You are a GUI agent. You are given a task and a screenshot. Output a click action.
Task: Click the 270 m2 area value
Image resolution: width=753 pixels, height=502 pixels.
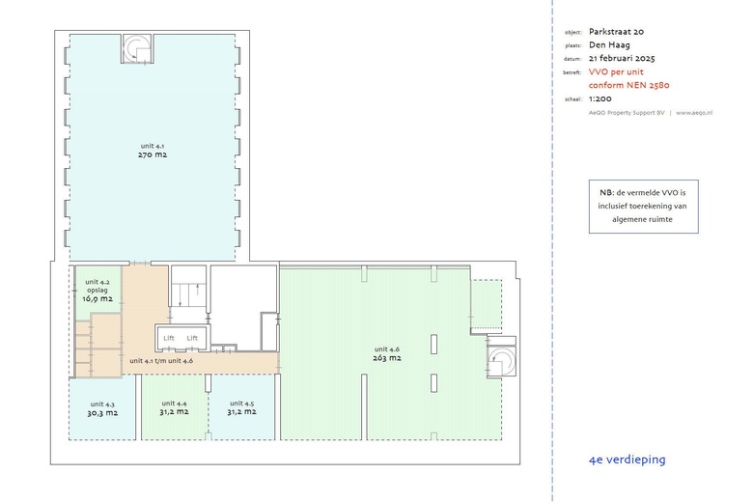[153, 154]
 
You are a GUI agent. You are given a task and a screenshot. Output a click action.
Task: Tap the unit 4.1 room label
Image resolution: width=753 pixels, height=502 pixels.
[153, 146]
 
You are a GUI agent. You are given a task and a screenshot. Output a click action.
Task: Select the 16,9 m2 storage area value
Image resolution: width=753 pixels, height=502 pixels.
[97, 299]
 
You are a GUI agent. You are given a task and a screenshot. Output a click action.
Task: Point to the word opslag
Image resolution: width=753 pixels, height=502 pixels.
[97, 291]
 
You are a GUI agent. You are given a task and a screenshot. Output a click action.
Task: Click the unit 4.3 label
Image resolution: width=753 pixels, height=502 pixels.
[102, 404]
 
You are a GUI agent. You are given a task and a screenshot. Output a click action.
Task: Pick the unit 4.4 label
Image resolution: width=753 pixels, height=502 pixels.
[174, 404]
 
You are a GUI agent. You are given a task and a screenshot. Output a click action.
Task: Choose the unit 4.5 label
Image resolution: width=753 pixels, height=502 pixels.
[241, 404]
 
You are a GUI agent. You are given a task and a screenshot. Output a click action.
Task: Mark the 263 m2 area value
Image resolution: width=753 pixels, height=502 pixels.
[386, 358]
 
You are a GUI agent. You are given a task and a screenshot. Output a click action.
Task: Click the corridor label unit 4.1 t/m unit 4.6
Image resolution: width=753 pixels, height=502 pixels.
[161, 361]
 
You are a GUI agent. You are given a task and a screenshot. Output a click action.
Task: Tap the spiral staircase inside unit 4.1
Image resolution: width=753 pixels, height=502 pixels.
[137, 48]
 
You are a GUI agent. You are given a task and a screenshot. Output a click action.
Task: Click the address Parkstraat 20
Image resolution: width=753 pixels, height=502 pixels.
[616, 32]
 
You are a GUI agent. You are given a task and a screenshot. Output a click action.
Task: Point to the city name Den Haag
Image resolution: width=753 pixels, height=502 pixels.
[609, 45]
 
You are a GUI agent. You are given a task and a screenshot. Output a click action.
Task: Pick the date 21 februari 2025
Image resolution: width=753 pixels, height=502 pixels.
[622, 59]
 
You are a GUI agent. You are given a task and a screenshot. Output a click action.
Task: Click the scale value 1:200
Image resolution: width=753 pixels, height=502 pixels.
[600, 99]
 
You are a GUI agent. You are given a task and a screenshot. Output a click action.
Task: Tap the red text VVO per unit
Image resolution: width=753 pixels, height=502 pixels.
[616, 72]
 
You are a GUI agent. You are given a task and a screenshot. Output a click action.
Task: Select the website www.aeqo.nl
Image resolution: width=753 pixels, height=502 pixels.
[694, 113]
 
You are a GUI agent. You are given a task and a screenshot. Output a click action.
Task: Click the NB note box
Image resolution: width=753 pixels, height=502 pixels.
[644, 207]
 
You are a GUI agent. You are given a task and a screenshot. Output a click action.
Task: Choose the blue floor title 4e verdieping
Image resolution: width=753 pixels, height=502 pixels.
[627, 460]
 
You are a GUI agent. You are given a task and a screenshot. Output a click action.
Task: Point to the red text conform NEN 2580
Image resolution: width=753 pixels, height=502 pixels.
[629, 86]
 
